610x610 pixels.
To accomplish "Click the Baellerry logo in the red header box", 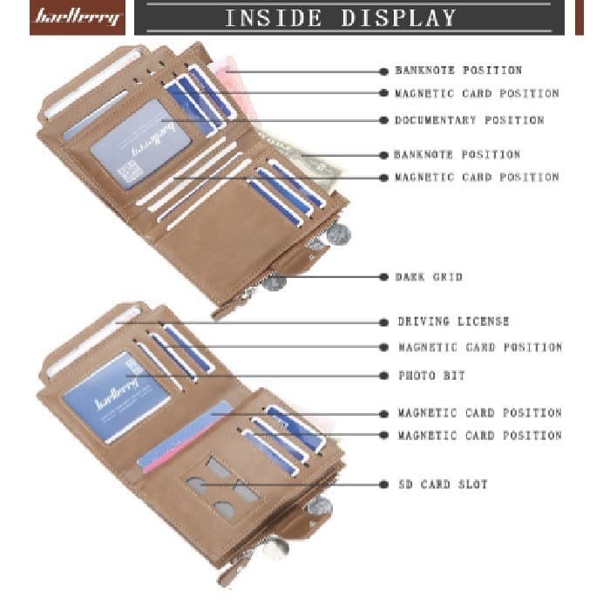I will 77,17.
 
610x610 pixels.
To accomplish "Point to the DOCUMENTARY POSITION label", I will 469,120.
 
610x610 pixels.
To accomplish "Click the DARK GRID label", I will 429,277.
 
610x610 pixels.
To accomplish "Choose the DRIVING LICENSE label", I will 453,322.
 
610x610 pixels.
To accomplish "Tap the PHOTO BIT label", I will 431,376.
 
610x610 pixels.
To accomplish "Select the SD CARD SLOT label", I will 443,485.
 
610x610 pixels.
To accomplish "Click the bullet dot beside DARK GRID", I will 383,277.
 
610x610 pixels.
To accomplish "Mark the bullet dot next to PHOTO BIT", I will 383,376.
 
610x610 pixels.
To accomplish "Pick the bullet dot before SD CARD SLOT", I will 383,485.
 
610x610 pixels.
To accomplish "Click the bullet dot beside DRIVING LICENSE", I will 383,322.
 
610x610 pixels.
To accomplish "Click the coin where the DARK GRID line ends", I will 275,281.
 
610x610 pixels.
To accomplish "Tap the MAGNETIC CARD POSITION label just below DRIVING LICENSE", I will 480,348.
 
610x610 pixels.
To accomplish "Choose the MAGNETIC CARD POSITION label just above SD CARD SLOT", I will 480,435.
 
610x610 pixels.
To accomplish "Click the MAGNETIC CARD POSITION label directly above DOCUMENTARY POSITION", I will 477,93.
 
